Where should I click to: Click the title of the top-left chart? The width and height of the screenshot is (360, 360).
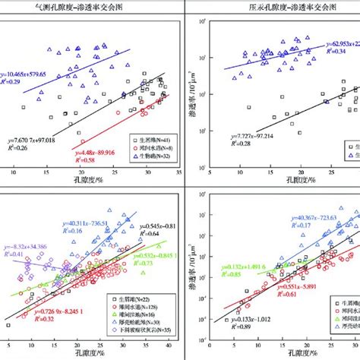pyautogui.click(x=90, y=7)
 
